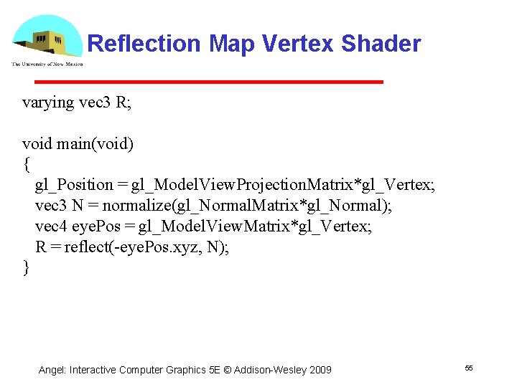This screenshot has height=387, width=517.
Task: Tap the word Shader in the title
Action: [381, 44]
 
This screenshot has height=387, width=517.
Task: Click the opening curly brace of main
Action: [27, 165]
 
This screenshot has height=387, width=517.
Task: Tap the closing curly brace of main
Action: [27, 268]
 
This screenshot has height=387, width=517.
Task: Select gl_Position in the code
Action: [74, 186]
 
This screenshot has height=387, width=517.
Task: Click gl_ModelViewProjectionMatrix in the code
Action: [245, 186]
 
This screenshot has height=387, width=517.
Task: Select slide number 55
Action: [469, 368]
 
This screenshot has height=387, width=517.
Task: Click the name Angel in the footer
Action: [52, 370]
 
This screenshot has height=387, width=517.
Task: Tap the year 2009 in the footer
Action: [320, 370]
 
